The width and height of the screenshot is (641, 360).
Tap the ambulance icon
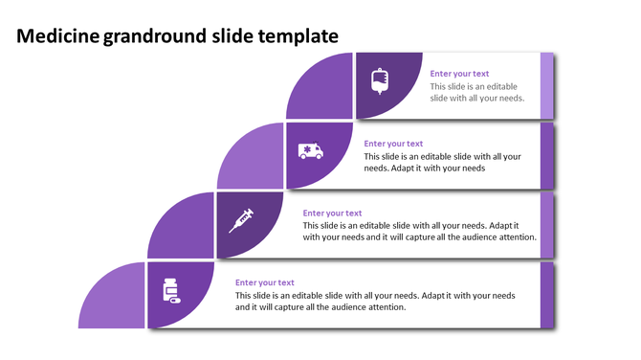pyautogui.click(x=310, y=150)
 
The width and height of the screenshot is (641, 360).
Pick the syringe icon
pyautogui.click(x=241, y=220)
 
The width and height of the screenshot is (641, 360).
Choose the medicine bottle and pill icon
pyautogui.click(x=171, y=289)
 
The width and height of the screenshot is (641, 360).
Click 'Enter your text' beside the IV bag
pyautogui.click(x=459, y=74)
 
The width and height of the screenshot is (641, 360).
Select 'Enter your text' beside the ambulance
pyautogui.click(x=393, y=144)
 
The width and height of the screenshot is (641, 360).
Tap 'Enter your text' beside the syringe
pyautogui.click(x=332, y=214)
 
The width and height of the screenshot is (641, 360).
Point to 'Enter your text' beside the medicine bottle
pyautogui.click(x=264, y=282)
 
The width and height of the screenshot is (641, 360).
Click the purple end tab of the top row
pyautogui.click(x=547, y=86)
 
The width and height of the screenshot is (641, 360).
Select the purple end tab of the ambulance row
pyautogui.click(x=547, y=156)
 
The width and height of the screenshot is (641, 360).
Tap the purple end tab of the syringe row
pyautogui.click(x=547, y=226)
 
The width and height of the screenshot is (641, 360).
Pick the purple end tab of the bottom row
pyautogui.click(x=547, y=295)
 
